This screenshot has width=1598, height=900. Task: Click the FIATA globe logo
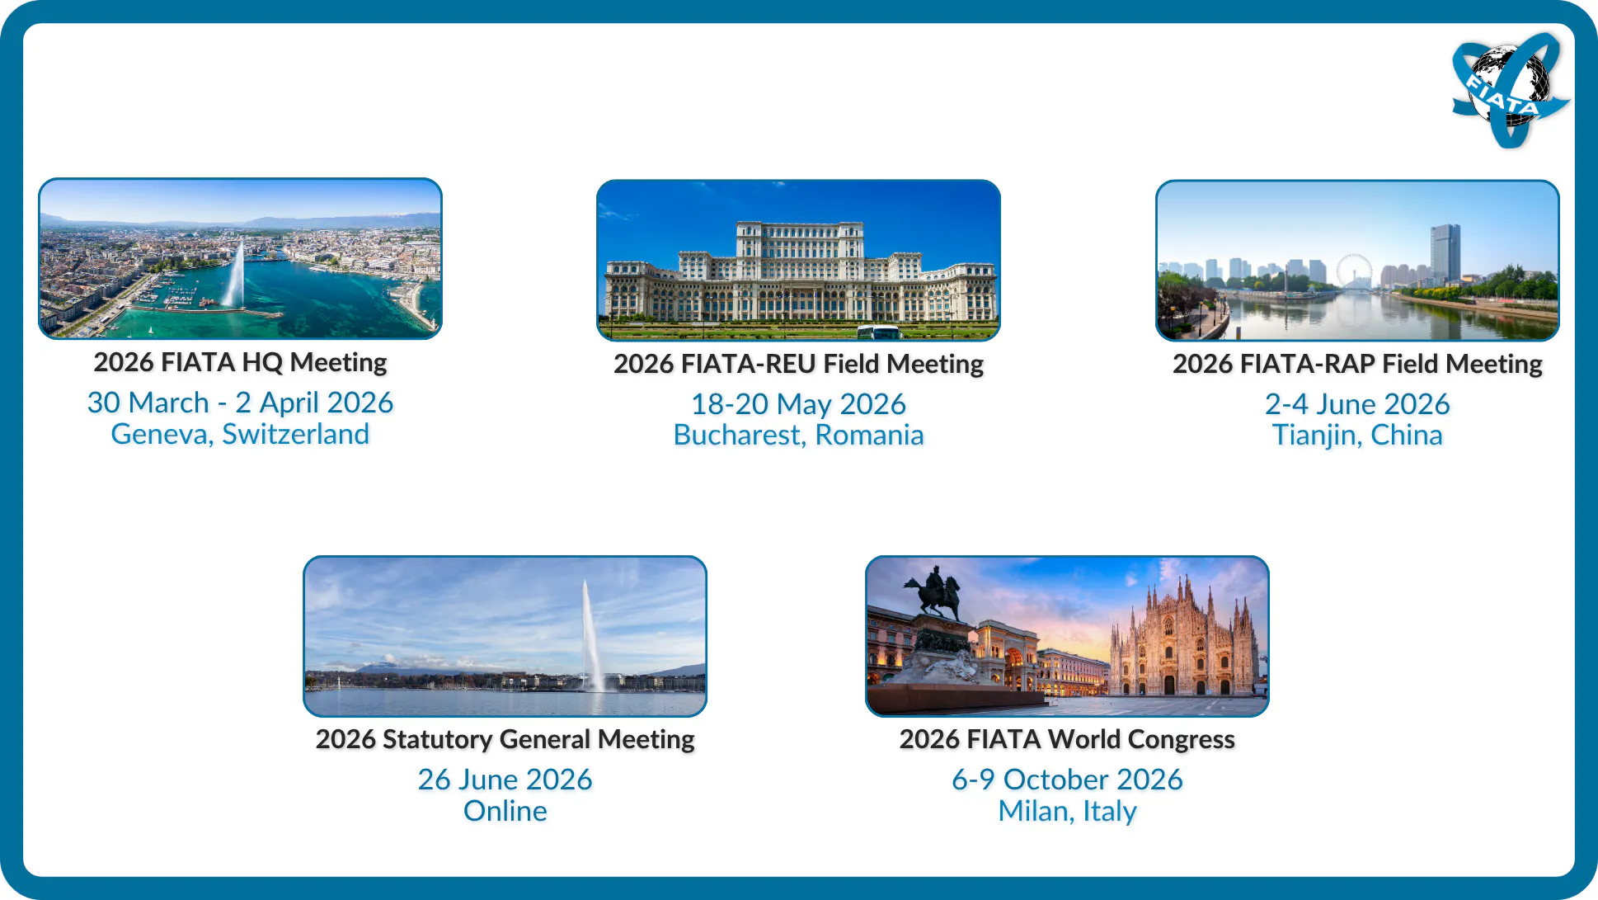(x=1510, y=89)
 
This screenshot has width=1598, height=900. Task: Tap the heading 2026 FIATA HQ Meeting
(x=240, y=362)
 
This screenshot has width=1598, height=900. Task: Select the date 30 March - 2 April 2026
(x=240, y=403)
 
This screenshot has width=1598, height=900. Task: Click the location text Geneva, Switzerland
(x=240, y=434)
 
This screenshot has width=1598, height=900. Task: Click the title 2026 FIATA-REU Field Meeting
(x=798, y=364)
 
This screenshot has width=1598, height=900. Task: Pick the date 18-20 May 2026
(x=798, y=404)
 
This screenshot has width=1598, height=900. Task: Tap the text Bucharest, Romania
(x=798, y=435)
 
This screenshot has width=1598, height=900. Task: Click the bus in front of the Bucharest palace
(x=877, y=332)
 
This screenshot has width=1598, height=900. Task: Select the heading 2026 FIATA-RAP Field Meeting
(x=1357, y=364)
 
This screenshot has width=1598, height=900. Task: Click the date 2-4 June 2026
(x=1357, y=404)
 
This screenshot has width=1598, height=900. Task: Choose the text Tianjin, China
(x=1357, y=435)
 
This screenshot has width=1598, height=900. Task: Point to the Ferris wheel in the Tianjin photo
(x=1353, y=271)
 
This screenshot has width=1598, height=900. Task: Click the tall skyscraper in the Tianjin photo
(x=1445, y=253)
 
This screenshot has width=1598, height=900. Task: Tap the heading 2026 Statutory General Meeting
(x=505, y=739)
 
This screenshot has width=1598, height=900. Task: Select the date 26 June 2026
(x=505, y=780)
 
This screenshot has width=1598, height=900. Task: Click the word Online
(x=505, y=811)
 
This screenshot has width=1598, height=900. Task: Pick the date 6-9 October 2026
(x=1067, y=780)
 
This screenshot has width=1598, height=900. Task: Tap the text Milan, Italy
(x=1067, y=811)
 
